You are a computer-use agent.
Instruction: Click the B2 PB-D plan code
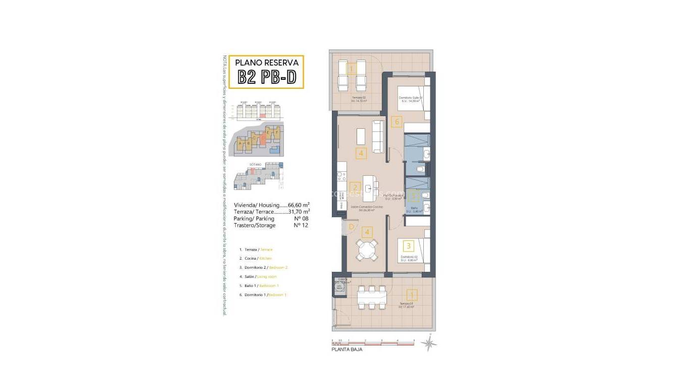[x=266, y=78]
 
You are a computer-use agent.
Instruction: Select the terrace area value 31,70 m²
[x=299, y=212]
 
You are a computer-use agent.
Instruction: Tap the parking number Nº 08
[x=301, y=219]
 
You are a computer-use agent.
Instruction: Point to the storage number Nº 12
[x=301, y=225]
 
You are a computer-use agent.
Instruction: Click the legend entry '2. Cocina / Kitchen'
[x=258, y=258]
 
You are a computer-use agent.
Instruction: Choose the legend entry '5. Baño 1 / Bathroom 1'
[x=262, y=285]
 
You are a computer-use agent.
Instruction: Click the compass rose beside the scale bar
[x=429, y=344]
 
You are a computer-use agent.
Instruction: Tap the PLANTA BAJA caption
[x=347, y=349]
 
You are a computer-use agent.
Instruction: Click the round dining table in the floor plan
[x=367, y=250]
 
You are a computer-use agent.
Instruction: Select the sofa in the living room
[x=378, y=136]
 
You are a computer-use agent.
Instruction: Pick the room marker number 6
[x=397, y=121]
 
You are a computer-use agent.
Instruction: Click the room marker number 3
[x=409, y=246]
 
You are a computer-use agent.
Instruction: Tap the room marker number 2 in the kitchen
[x=355, y=186]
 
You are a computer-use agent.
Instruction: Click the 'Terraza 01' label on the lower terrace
[x=406, y=303]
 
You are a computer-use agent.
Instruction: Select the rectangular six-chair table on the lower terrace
[x=372, y=297]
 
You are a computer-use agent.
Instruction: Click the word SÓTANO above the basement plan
[x=255, y=165]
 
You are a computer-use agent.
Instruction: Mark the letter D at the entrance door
[x=351, y=227]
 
